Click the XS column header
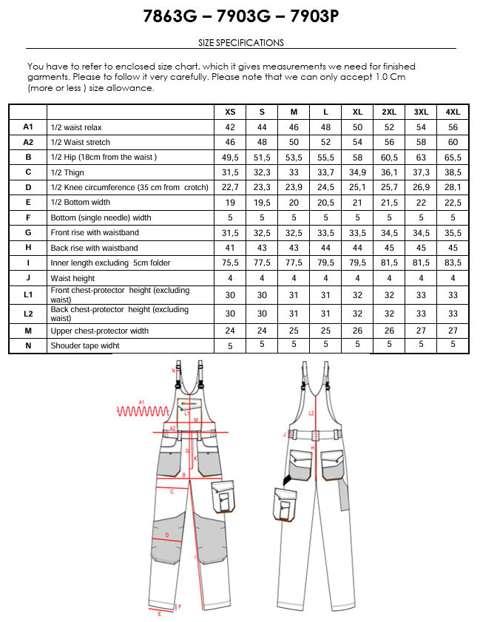point(230,112)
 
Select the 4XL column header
point(453,112)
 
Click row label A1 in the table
point(28,127)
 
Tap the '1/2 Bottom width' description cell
point(80,203)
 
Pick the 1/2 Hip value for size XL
point(357,158)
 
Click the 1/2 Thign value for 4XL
point(453,172)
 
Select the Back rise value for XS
point(230,248)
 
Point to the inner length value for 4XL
point(453,263)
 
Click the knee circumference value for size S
point(262,188)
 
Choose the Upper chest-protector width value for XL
point(357,331)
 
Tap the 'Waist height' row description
point(72,278)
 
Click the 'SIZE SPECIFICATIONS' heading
point(241,43)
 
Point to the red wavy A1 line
point(141,410)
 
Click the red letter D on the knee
point(167,534)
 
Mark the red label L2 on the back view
point(311,413)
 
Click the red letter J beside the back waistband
point(285,435)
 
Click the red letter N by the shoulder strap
point(173,370)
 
